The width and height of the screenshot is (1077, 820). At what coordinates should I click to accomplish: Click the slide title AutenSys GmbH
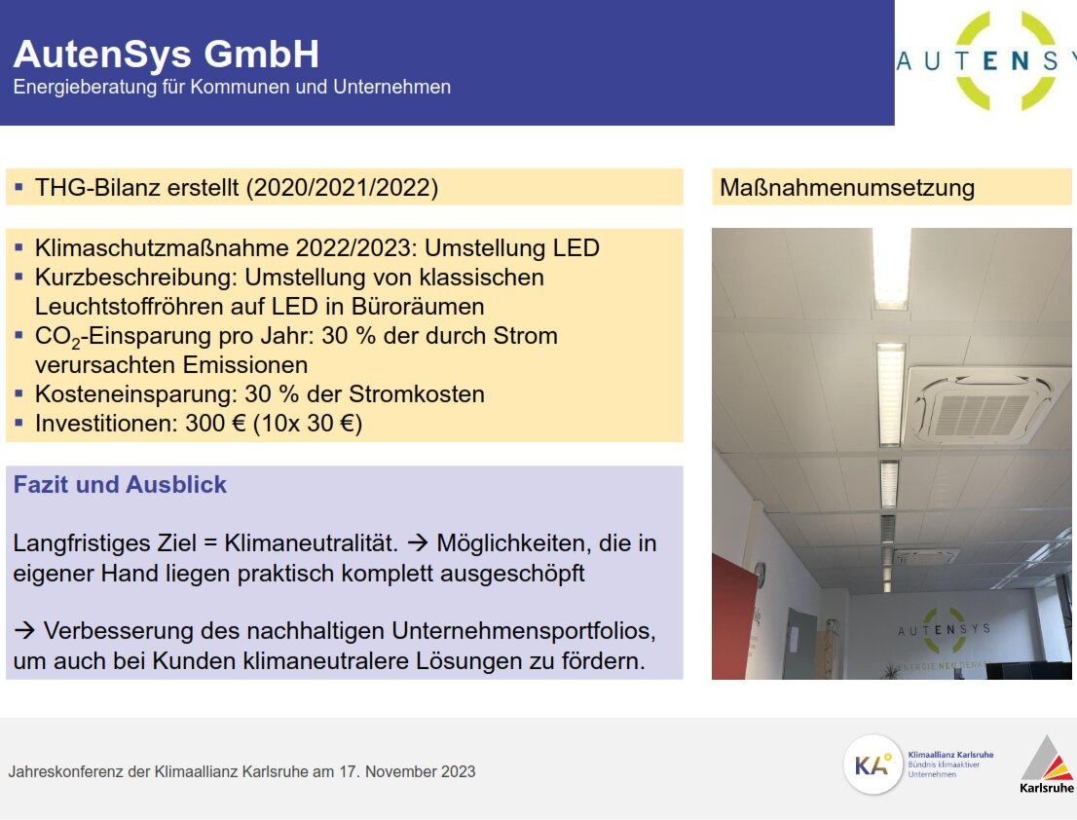(166, 54)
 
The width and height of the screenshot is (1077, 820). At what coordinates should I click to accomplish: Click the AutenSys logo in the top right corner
(985, 61)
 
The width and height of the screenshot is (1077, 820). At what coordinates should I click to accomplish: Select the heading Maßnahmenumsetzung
(846, 187)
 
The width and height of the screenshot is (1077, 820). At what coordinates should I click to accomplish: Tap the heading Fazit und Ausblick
(120, 484)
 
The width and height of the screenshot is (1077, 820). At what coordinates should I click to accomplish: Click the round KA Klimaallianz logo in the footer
(873, 764)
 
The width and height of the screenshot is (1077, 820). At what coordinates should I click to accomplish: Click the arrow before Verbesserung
(24, 631)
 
